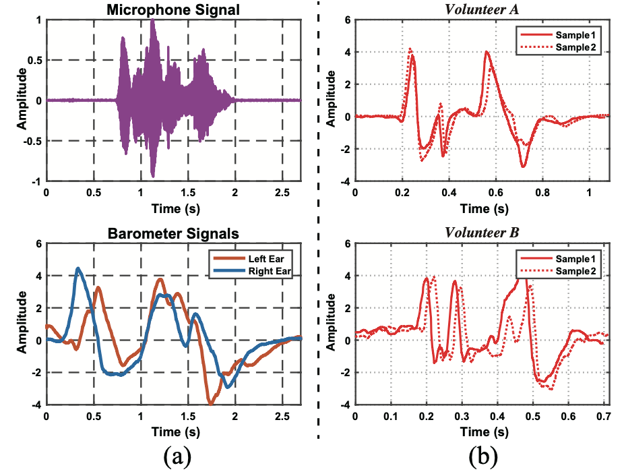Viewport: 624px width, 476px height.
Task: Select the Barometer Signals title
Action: click(174, 235)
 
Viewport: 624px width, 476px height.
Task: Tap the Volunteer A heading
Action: click(482, 8)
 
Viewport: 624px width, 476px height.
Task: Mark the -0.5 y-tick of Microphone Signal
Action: click(31, 141)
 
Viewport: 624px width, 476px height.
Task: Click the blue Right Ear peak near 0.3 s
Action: click(78, 268)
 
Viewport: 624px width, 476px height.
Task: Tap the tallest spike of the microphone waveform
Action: click(153, 22)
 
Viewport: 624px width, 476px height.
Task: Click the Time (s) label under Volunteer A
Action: click(482, 208)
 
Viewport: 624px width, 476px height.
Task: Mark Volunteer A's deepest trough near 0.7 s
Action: click(522, 166)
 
